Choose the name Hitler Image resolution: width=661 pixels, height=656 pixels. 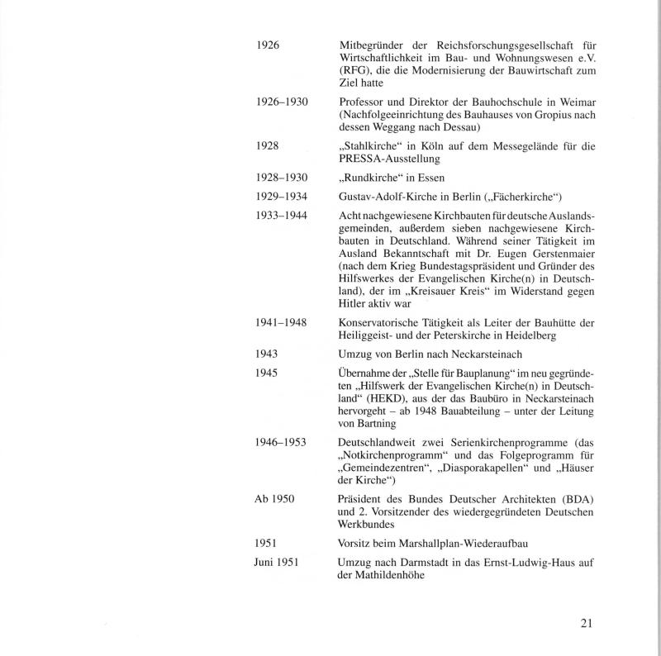[354, 302]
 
